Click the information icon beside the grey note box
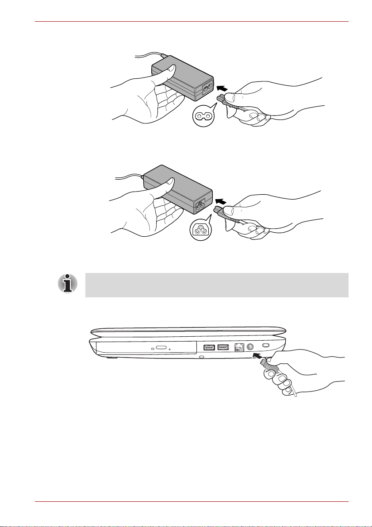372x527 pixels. click(67, 283)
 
